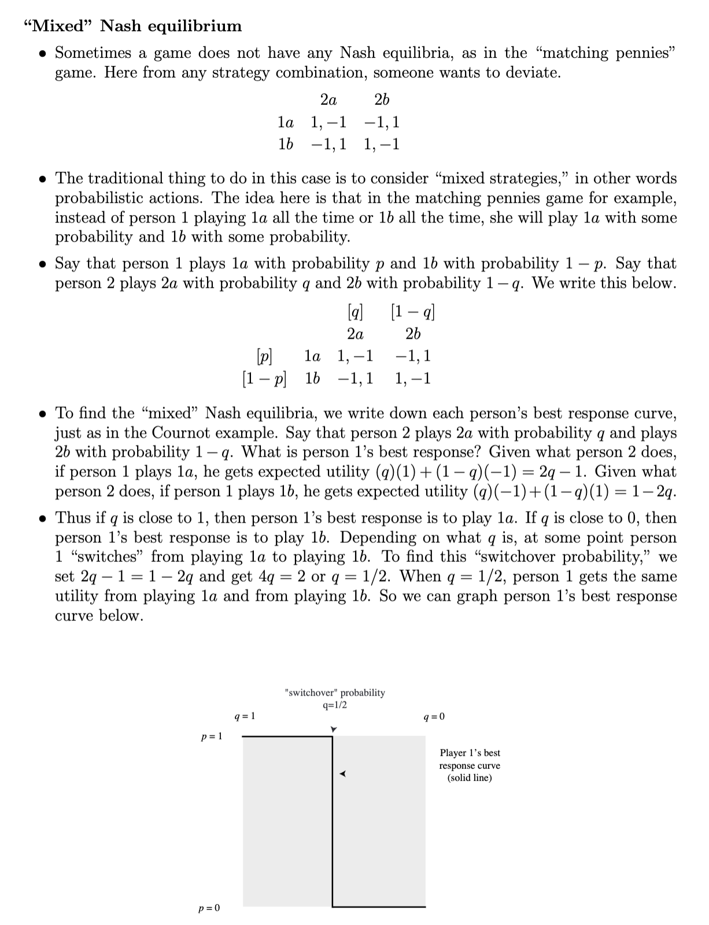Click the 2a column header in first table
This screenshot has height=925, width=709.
[x=328, y=100]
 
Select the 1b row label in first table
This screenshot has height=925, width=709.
[x=285, y=144]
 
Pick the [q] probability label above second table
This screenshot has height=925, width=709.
[x=355, y=312]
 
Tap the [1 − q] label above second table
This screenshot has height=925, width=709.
[x=413, y=312]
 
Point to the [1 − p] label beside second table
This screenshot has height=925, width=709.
[x=264, y=379]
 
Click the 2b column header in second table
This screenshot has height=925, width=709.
[x=413, y=334]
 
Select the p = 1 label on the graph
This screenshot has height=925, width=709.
[x=211, y=737]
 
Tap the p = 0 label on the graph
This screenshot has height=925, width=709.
[x=209, y=908]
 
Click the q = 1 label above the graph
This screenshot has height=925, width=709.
[x=245, y=716]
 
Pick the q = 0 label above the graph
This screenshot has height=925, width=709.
[x=434, y=717]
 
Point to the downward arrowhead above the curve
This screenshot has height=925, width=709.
[x=333, y=730]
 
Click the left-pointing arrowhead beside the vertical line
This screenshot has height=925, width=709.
[x=342, y=774]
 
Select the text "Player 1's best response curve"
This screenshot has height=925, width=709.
[x=470, y=765]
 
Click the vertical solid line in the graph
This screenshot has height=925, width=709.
[x=333, y=821]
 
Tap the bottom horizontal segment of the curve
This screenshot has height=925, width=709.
[x=379, y=906]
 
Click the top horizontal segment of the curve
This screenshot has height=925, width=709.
[x=287, y=737]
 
